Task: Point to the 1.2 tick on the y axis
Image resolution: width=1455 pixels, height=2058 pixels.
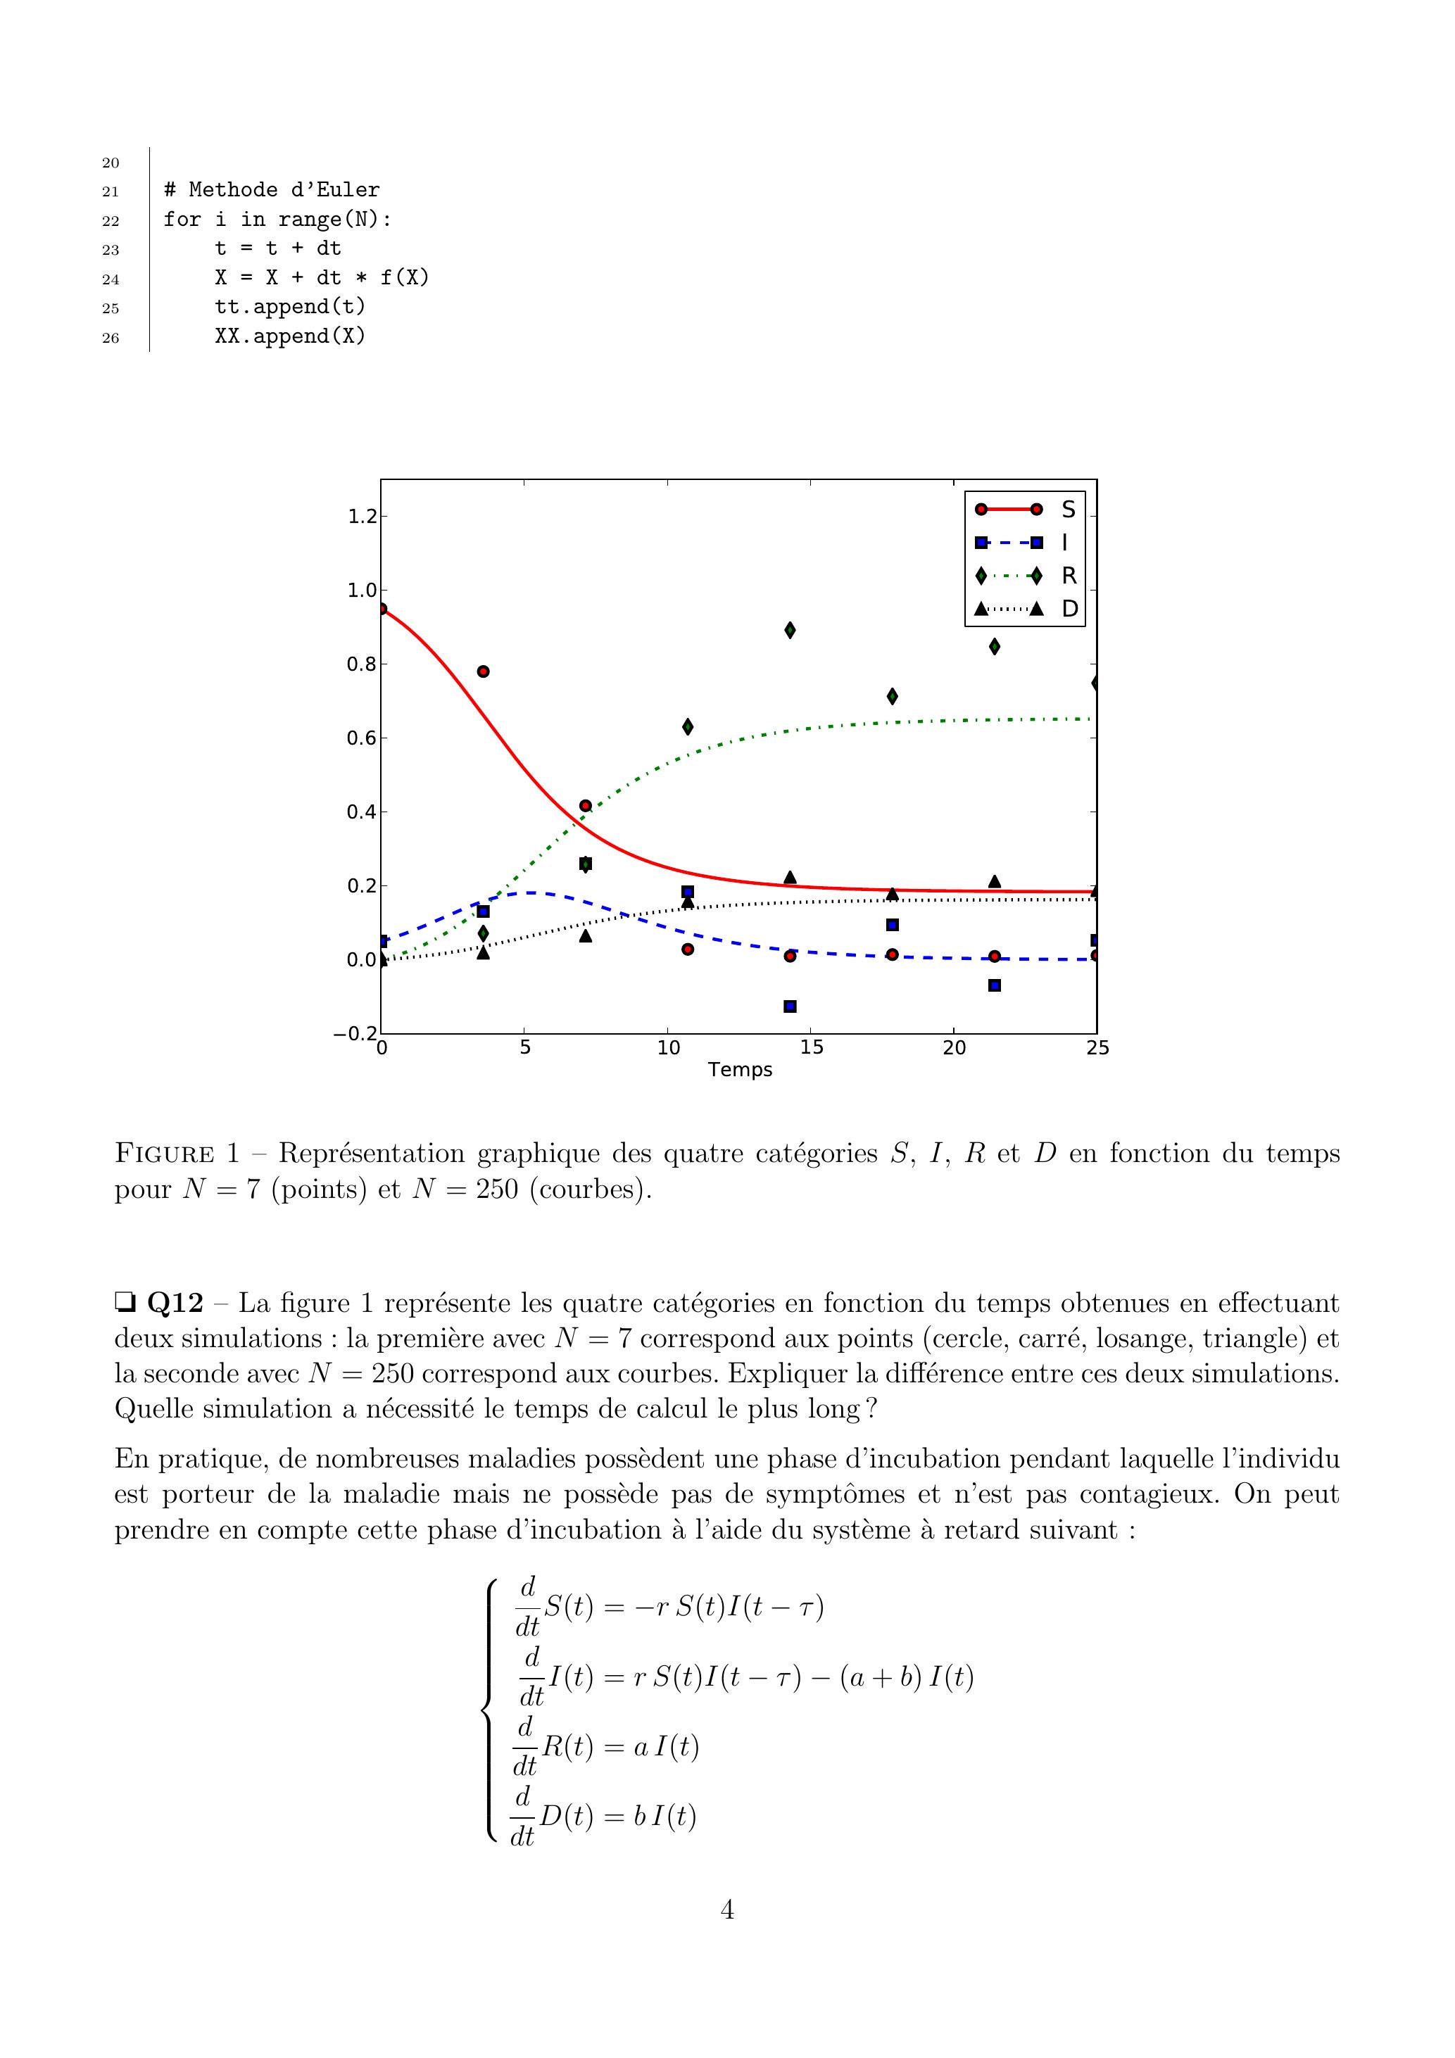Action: point(363,517)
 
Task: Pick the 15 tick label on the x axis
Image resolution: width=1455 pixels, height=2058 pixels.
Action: point(812,1048)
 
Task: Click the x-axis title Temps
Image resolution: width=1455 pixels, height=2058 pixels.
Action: point(740,1069)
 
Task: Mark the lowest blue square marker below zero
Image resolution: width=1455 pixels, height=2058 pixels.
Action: point(790,1006)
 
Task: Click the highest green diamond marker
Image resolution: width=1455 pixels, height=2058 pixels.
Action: point(790,630)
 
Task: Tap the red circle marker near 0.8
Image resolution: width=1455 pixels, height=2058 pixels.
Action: point(483,671)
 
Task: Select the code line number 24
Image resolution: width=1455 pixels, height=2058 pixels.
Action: point(111,279)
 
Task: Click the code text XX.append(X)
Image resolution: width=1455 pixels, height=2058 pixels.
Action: point(289,337)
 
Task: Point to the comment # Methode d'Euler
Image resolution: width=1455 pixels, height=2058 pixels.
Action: point(272,190)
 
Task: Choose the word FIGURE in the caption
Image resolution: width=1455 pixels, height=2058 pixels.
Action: point(164,1154)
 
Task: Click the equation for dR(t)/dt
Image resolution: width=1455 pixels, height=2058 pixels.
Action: point(605,1747)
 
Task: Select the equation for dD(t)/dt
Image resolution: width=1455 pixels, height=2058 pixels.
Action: point(603,1817)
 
